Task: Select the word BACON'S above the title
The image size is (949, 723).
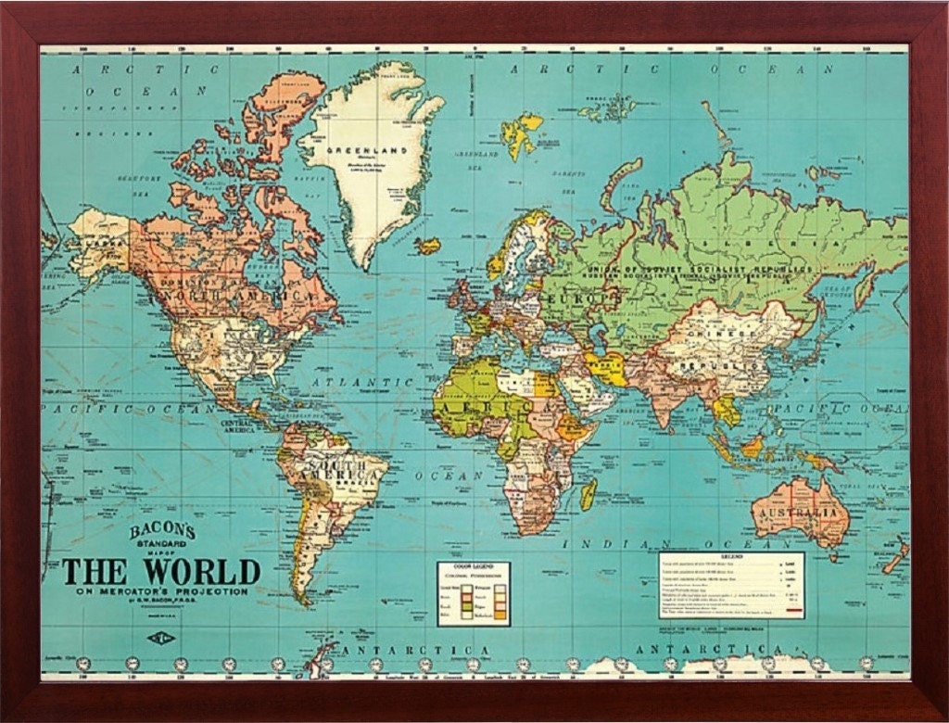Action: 162,531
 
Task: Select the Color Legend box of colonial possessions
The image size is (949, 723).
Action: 473,593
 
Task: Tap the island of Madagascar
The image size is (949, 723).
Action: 588,493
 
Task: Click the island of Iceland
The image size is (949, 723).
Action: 427,246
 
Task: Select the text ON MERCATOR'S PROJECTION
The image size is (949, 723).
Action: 161,590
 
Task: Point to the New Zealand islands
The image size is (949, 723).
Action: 894,556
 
